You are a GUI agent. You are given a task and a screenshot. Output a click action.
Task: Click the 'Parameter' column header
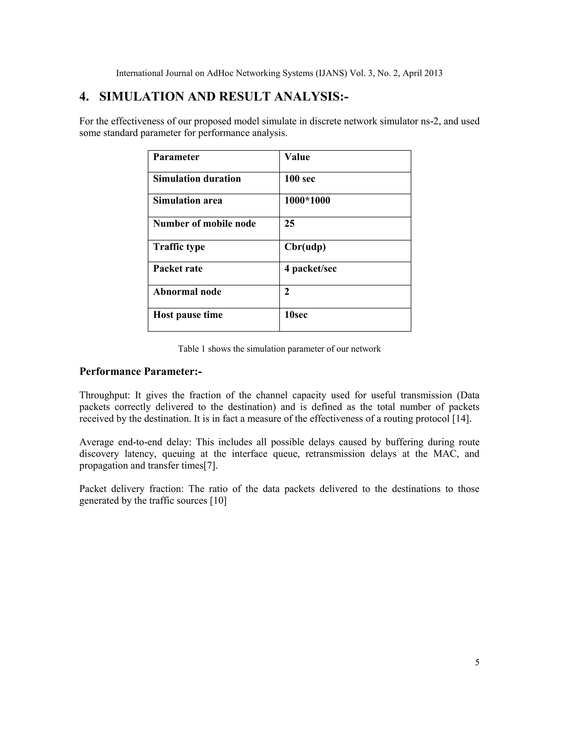click(x=176, y=157)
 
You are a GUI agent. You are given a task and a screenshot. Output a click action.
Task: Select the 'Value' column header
click(x=297, y=157)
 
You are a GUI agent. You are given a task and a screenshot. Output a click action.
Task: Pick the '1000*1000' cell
click(x=307, y=200)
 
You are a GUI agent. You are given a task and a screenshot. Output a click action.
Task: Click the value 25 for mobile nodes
click(x=289, y=224)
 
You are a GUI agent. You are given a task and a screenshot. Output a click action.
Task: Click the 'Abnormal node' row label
click(x=187, y=291)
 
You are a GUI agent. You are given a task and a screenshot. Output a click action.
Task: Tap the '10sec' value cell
click(x=296, y=315)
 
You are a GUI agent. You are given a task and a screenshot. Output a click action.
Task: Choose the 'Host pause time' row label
click(x=188, y=315)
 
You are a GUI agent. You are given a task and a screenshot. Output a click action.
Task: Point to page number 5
click(x=477, y=663)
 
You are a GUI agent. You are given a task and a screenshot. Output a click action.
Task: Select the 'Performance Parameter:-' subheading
click(x=140, y=371)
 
